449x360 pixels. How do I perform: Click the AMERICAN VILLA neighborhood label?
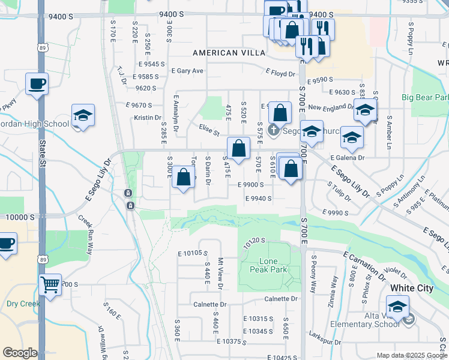(x=229, y=53)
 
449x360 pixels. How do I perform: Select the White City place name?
(x=411, y=288)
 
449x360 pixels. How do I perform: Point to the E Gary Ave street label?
(x=187, y=71)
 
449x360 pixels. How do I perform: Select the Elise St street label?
(x=209, y=130)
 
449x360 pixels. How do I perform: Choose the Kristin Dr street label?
(x=148, y=118)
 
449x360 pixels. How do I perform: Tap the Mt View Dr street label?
(x=220, y=273)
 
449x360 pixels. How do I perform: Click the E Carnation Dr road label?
(x=365, y=266)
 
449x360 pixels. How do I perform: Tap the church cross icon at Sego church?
(x=273, y=129)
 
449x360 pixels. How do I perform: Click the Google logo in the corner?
(x=20, y=353)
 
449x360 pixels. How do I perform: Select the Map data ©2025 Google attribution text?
(x=411, y=355)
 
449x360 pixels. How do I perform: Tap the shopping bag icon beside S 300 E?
(x=184, y=177)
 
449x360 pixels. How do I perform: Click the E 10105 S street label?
(x=192, y=254)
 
